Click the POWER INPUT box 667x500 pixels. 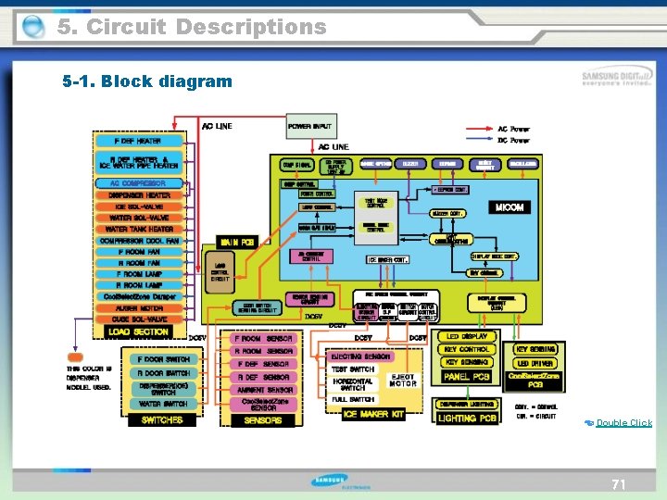(x=309, y=126)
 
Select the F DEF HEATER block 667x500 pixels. (x=137, y=142)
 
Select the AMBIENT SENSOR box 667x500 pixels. (x=263, y=391)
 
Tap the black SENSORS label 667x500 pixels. (x=263, y=420)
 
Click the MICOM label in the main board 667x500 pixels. (x=510, y=207)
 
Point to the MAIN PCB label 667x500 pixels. (x=236, y=242)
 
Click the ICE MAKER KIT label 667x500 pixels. (x=373, y=414)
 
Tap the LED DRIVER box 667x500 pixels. (x=535, y=363)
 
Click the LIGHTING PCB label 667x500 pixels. (x=470, y=419)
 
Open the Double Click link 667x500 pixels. (x=623, y=423)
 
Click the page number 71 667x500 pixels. (x=618, y=484)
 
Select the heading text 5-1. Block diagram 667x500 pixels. (x=147, y=81)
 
